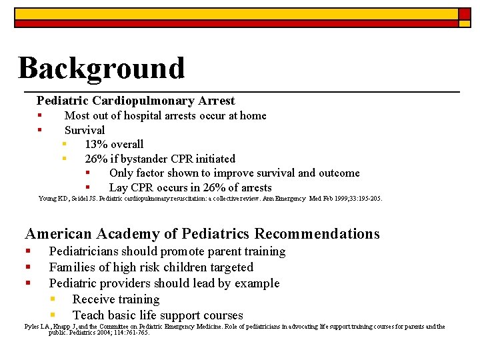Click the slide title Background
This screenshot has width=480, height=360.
(101, 68)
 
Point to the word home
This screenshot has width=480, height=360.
(253, 115)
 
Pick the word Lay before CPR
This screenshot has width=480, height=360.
(119, 187)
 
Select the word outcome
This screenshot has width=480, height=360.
(339, 173)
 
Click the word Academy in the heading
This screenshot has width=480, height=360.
(128, 233)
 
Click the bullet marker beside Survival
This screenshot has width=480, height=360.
(40, 130)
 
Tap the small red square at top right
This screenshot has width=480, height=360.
(464, 13)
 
